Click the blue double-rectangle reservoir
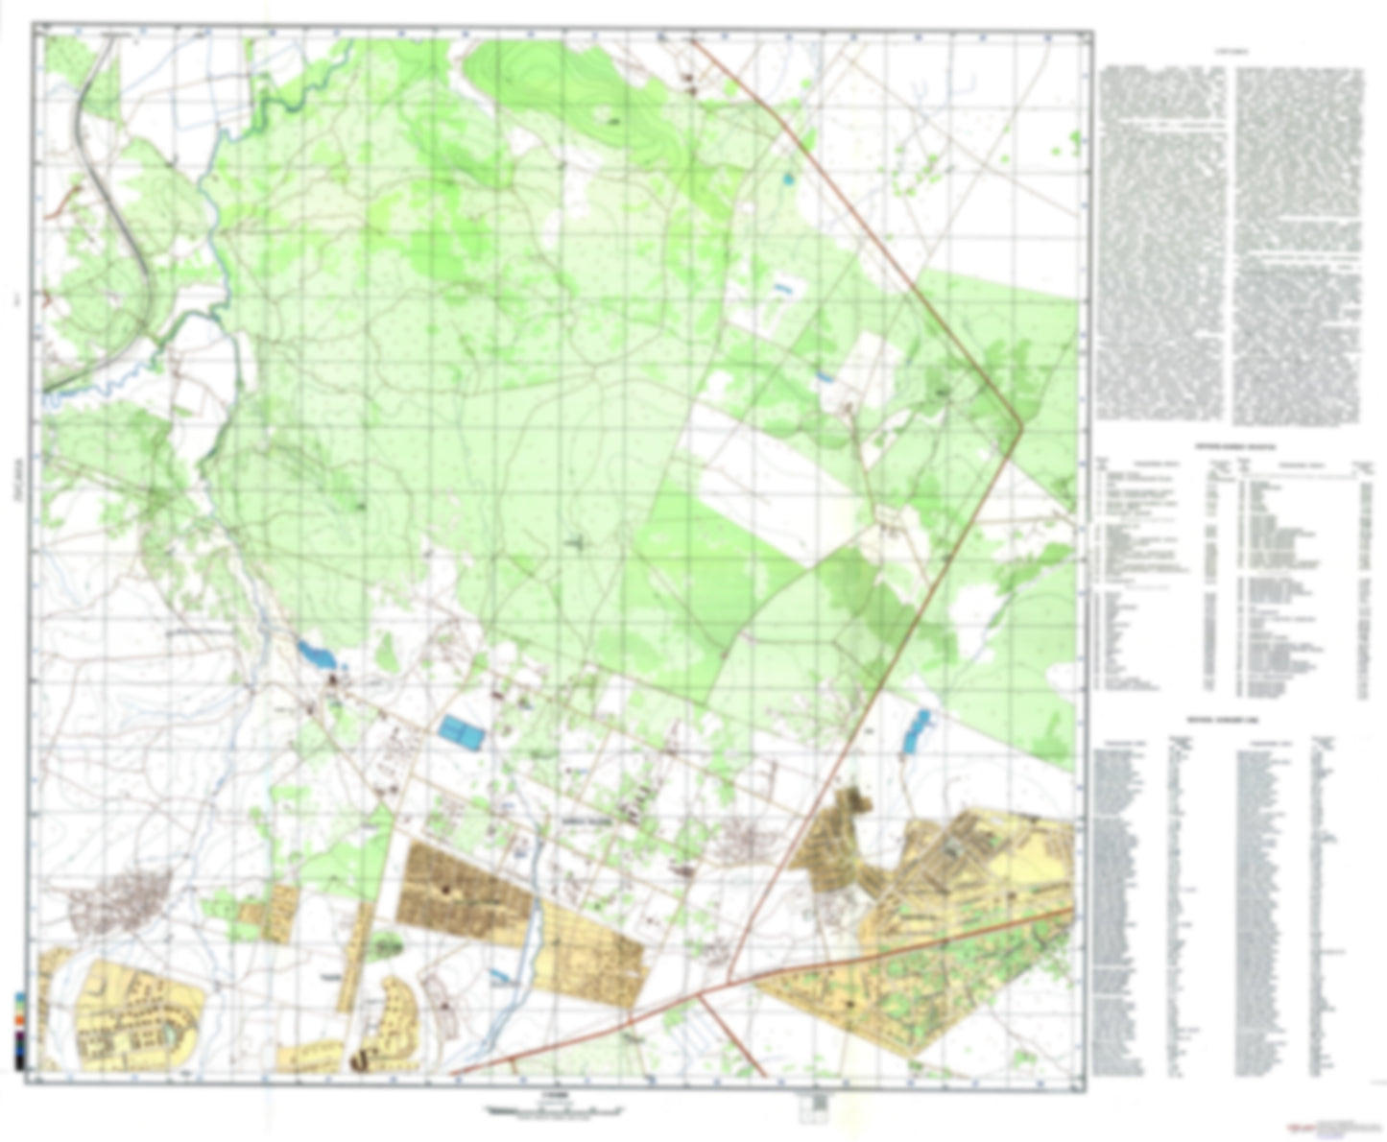click(461, 733)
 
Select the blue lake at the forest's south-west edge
click(318, 656)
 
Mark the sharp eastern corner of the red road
click(1021, 421)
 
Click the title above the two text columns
click(1230, 50)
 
